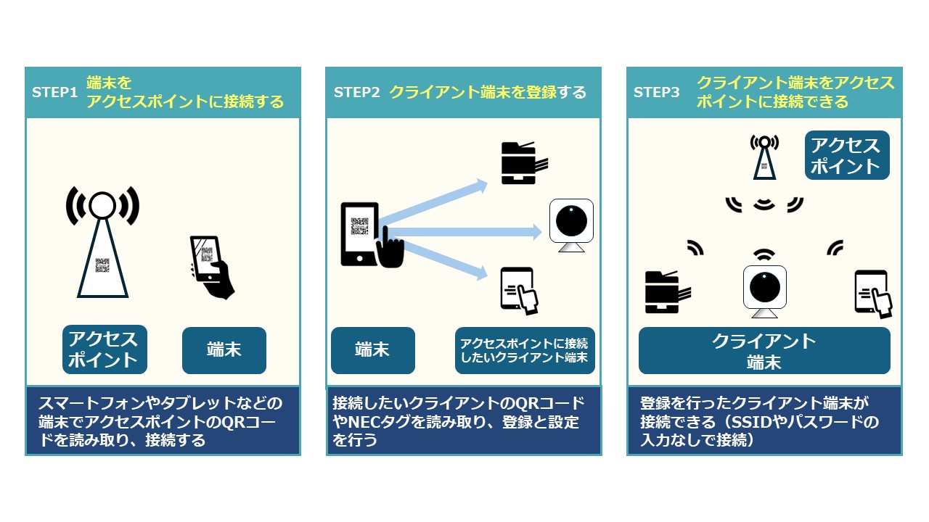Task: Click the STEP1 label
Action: [x=54, y=93]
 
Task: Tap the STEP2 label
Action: [x=356, y=93]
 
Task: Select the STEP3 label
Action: [x=656, y=93]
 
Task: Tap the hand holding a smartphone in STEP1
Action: [x=211, y=266]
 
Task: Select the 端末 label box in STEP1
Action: [x=224, y=350]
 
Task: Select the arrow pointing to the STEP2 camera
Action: [x=464, y=231]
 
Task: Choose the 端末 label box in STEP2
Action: [x=372, y=350]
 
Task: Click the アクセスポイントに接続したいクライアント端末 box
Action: [x=524, y=350]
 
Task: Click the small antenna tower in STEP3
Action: [x=764, y=157]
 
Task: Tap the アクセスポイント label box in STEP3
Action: [x=846, y=155]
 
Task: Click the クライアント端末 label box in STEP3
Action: [x=764, y=350]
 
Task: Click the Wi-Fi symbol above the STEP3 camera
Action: [x=764, y=254]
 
